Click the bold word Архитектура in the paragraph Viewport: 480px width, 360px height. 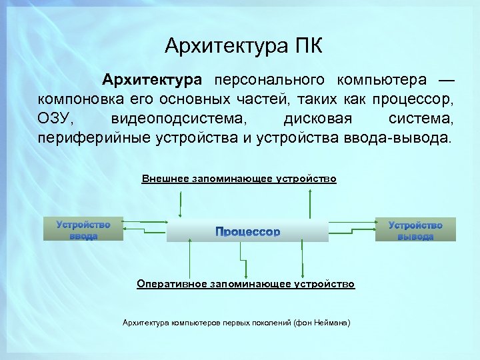pos(151,81)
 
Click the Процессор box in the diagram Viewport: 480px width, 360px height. pos(247,231)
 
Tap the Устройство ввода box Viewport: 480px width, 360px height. pos(83,230)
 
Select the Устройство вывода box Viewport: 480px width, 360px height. pos(415,230)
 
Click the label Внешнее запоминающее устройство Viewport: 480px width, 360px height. pos(239,179)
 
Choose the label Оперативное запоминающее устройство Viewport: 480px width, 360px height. pos(246,284)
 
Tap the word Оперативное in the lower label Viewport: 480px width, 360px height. pos(172,284)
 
